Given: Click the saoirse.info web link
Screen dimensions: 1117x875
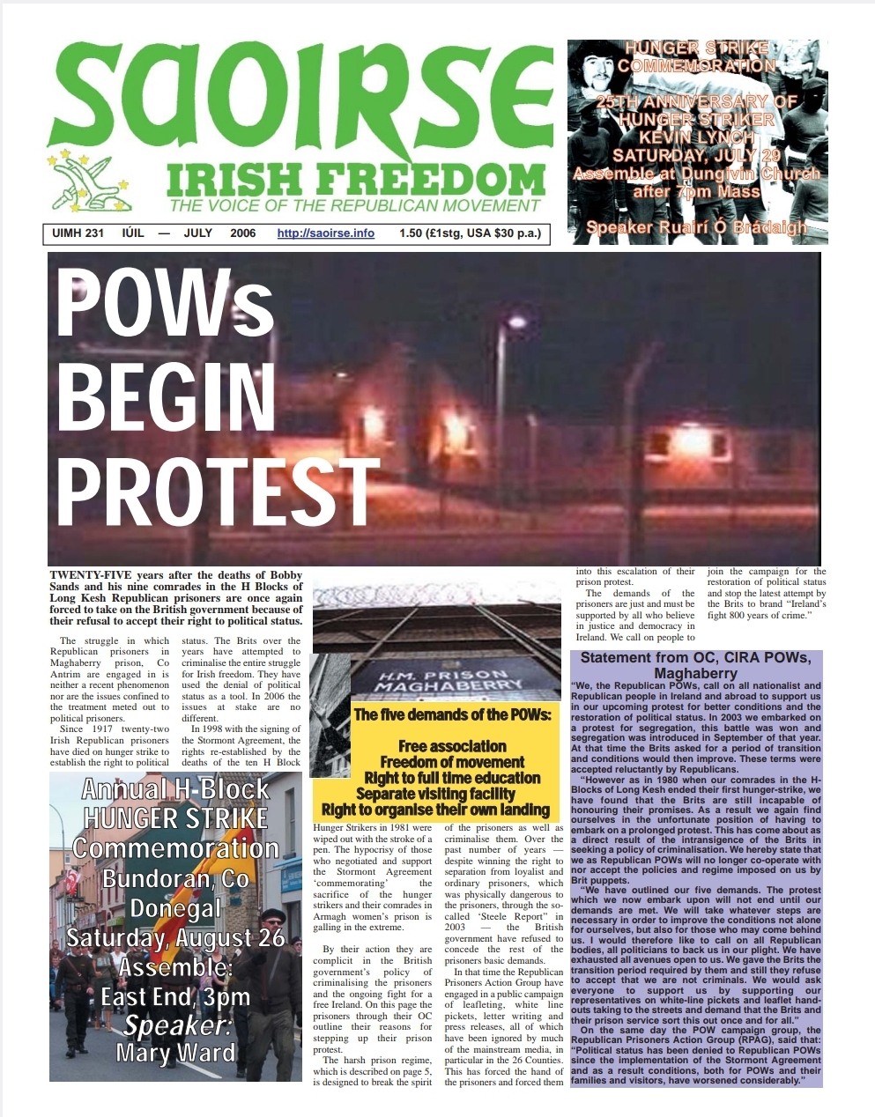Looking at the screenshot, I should (x=325, y=233).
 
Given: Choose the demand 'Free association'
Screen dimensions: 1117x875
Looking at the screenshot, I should (x=452, y=746).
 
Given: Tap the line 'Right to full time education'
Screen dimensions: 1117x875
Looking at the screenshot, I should (x=452, y=778).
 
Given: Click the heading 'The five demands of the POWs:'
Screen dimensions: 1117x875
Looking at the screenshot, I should (x=452, y=714).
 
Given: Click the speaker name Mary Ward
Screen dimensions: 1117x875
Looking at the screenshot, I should (x=175, y=1053).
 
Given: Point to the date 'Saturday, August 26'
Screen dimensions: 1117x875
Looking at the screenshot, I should (x=175, y=937).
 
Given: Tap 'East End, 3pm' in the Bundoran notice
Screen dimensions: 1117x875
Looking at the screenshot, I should (x=175, y=996).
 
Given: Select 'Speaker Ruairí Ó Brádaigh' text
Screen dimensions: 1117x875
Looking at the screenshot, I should (x=696, y=228).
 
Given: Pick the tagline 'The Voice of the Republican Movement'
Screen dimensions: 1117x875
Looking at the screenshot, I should (x=354, y=206).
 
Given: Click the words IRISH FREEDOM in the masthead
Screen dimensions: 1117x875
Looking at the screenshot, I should (x=354, y=181).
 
